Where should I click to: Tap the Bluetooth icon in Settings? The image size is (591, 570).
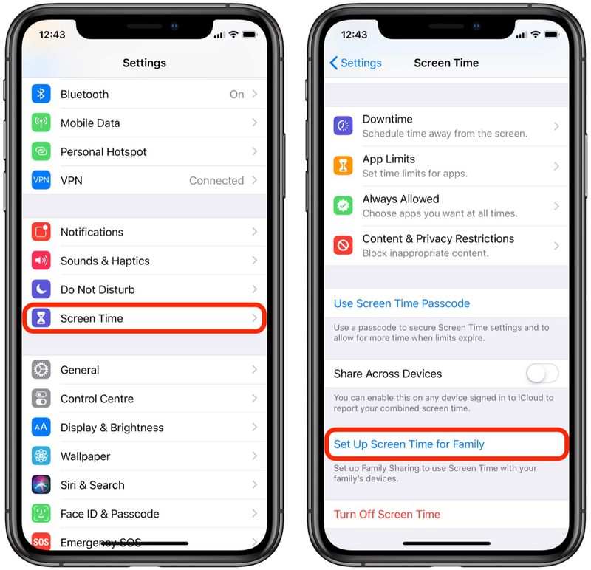41,95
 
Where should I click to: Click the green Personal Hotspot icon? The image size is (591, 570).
41,152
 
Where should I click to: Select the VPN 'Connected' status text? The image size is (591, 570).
216,181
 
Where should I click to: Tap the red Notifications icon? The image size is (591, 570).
41,232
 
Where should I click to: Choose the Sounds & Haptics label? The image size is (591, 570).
105,261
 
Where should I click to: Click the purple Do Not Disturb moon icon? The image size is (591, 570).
41,289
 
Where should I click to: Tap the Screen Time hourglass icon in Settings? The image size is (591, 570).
41,319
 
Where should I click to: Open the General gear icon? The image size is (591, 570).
41,370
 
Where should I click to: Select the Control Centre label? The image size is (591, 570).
97,399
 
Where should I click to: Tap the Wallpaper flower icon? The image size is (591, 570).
41,456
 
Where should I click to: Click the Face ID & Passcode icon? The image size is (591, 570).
41,514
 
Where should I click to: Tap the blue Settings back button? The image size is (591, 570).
355,63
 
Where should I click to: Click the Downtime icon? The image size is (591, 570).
343,126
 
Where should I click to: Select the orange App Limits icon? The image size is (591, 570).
343,166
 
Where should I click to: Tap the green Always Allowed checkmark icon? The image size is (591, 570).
343,206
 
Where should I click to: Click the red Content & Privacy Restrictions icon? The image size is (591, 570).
343,246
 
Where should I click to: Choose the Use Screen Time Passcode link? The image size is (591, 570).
401,303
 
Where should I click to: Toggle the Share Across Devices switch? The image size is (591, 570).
542,374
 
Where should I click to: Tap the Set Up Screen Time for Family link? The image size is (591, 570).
409,444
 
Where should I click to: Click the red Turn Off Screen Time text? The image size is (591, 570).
386,515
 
